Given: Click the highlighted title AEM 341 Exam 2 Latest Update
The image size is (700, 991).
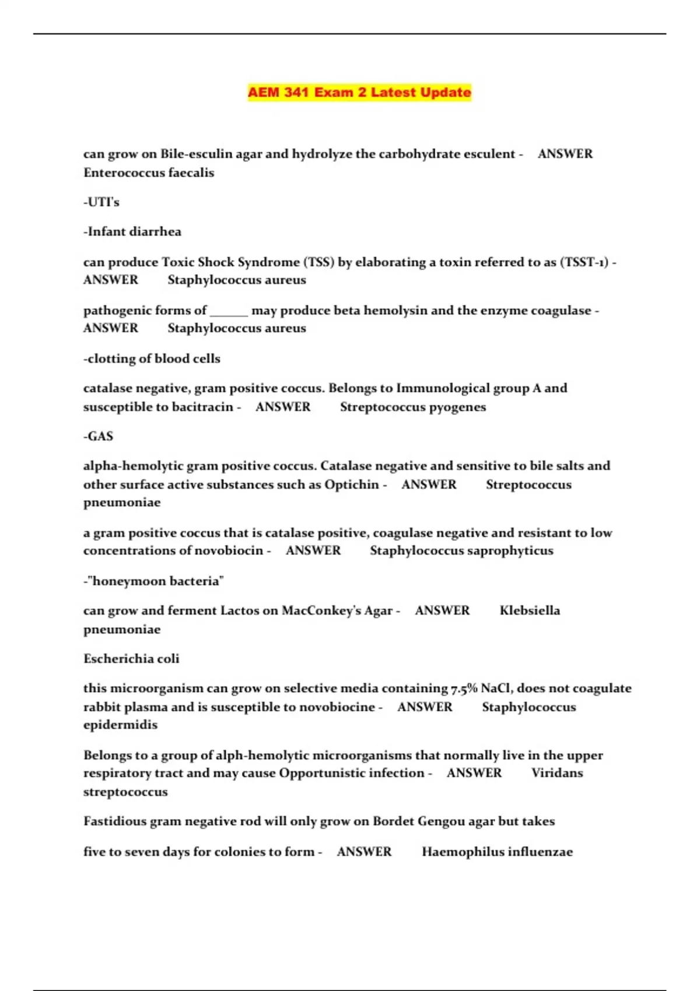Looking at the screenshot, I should pyautogui.click(x=359, y=93).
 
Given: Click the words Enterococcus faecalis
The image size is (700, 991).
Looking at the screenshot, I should pyautogui.click(x=149, y=173).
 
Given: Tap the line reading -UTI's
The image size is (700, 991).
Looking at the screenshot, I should pyautogui.click(x=101, y=202).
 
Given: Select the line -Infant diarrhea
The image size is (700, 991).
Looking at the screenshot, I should pyautogui.click(x=132, y=231).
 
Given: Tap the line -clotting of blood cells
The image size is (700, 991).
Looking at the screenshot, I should pyautogui.click(x=152, y=359).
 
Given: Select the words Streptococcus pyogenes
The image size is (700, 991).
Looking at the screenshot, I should pyautogui.click(x=413, y=407).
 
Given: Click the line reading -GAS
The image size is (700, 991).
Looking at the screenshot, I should pyautogui.click(x=98, y=436).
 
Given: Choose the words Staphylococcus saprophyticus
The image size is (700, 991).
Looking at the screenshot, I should pyautogui.click(x=461, y=550).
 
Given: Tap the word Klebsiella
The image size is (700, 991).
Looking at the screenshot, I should pyautogui.click(x=530, y=610).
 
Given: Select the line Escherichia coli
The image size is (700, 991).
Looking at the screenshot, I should pyautogui.click(x=131, y=659).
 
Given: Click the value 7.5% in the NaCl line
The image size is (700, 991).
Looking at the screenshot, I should pyautogui.click(x=464, y=688).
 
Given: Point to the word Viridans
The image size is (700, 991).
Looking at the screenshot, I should pyautogui.click(x=557, y=772).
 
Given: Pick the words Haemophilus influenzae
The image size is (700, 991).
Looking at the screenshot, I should pyautogui.click(x=497, y=852).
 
